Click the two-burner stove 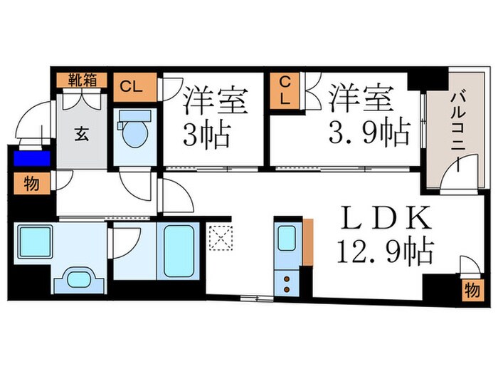point(287,284)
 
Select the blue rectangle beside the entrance point(30,158)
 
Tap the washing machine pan point(32,241)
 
